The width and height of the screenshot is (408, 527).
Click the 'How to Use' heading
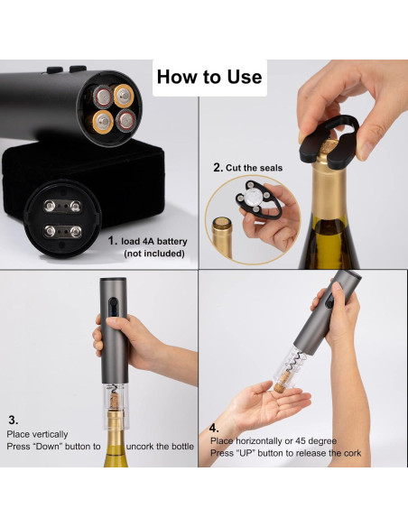pos(209,77)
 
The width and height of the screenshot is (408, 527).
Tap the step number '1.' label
pos(113,241)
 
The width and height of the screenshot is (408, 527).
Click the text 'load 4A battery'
pos(154,241)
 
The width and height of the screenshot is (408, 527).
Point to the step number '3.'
pos(14,420)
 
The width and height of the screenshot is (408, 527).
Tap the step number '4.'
pos(214,428)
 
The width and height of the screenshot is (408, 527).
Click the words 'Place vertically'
pos(38,434)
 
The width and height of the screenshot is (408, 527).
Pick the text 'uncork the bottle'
pos(152,447)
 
